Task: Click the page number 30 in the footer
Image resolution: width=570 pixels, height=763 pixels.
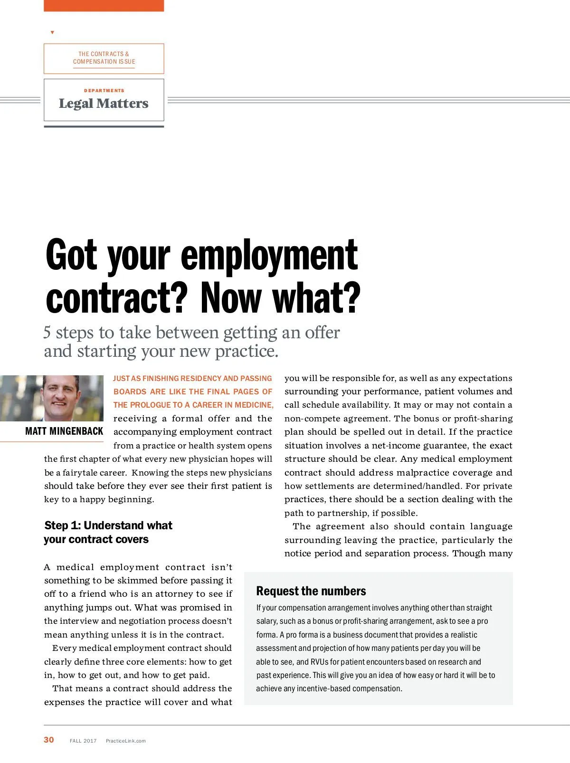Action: tap(49, 740)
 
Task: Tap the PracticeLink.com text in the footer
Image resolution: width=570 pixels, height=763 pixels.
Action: tap(125, 741)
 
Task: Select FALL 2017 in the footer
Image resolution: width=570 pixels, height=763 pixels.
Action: tap(83, 741)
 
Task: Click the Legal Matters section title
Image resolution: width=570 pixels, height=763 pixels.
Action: tap(104, 104)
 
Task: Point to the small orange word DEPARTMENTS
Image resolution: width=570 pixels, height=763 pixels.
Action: tap(104, 90)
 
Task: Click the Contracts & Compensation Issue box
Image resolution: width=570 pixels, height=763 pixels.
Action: tap(104, 58)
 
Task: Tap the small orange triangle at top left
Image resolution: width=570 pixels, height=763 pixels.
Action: tap(52, 32)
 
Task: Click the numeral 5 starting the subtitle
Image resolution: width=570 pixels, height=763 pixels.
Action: tap(47, 333)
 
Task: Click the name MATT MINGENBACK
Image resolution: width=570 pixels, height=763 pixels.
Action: tap(64, 431)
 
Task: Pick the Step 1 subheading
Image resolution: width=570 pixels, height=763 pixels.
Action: tap(108, 532)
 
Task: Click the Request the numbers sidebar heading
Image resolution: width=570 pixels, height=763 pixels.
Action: tap(311, 591)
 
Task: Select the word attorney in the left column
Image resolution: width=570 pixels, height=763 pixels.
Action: tap(195, 594)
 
